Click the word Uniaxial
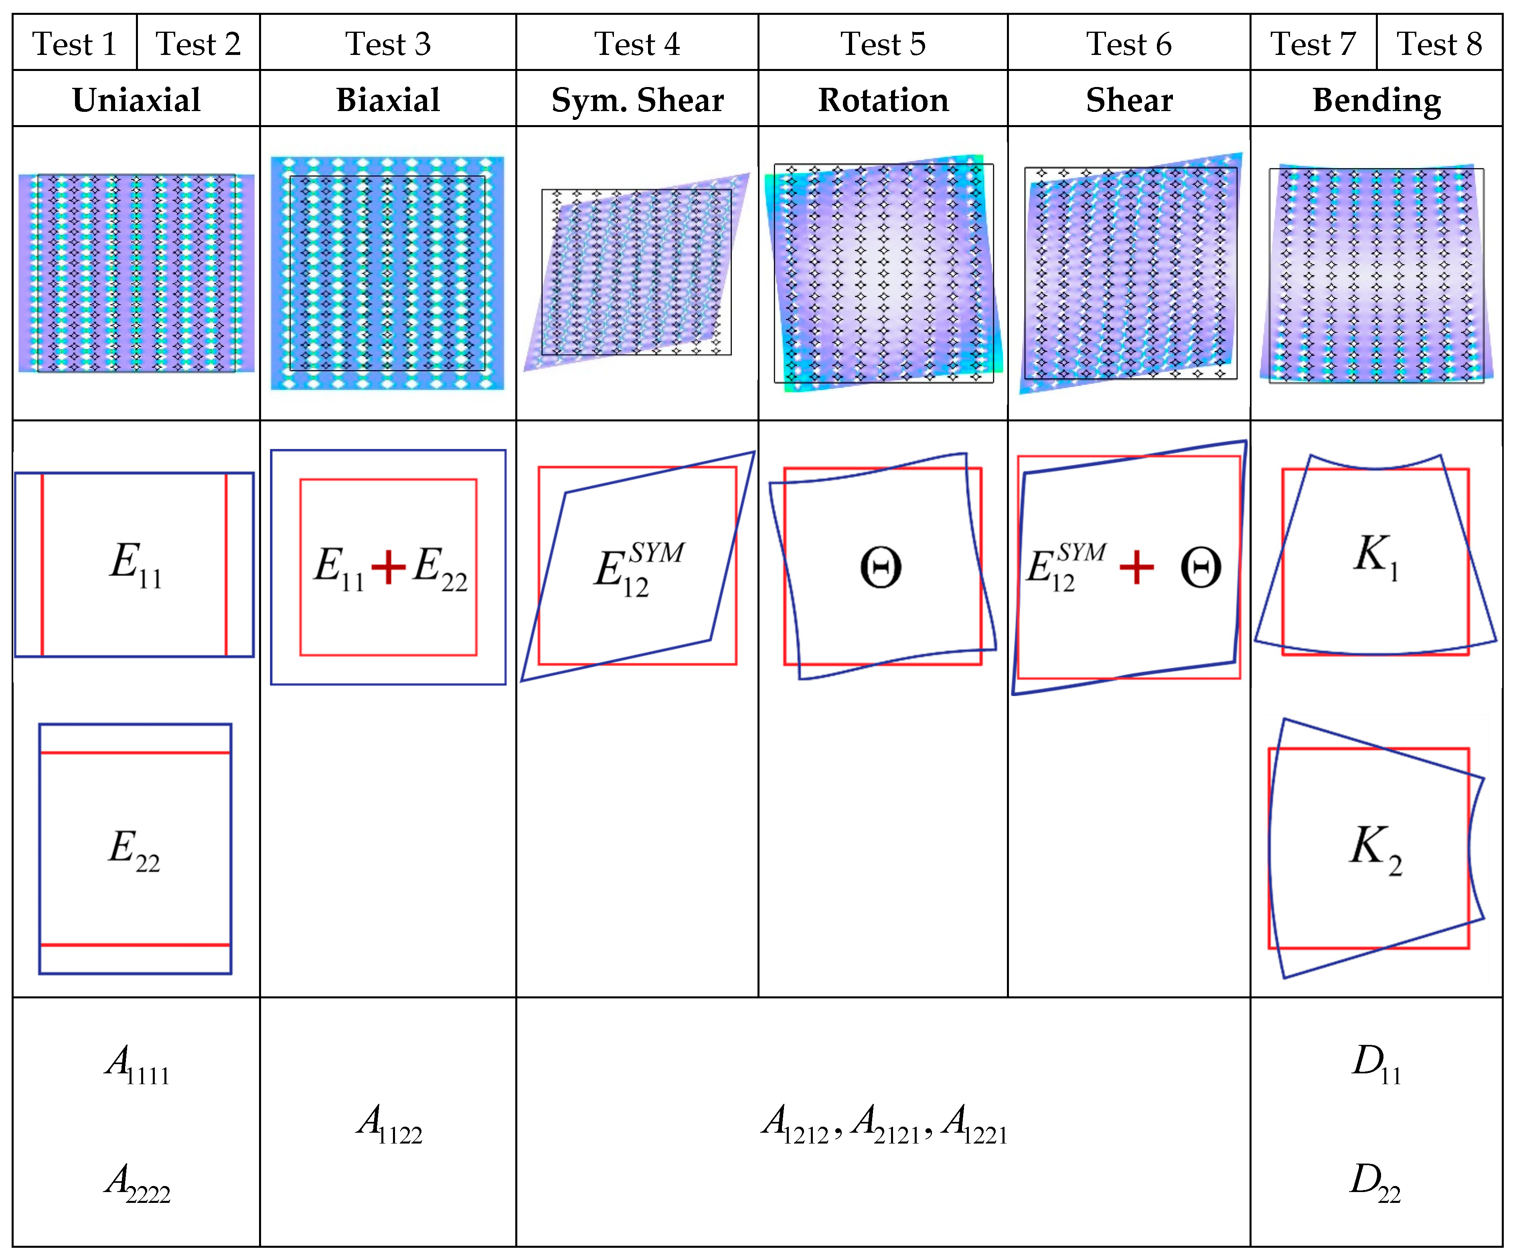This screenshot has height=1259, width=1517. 136,100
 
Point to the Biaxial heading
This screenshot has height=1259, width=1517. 388,100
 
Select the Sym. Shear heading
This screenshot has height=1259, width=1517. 637,100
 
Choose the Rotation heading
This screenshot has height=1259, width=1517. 883,100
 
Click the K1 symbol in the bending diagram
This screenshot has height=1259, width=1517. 1376,556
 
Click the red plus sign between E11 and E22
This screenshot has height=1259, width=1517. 389,567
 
